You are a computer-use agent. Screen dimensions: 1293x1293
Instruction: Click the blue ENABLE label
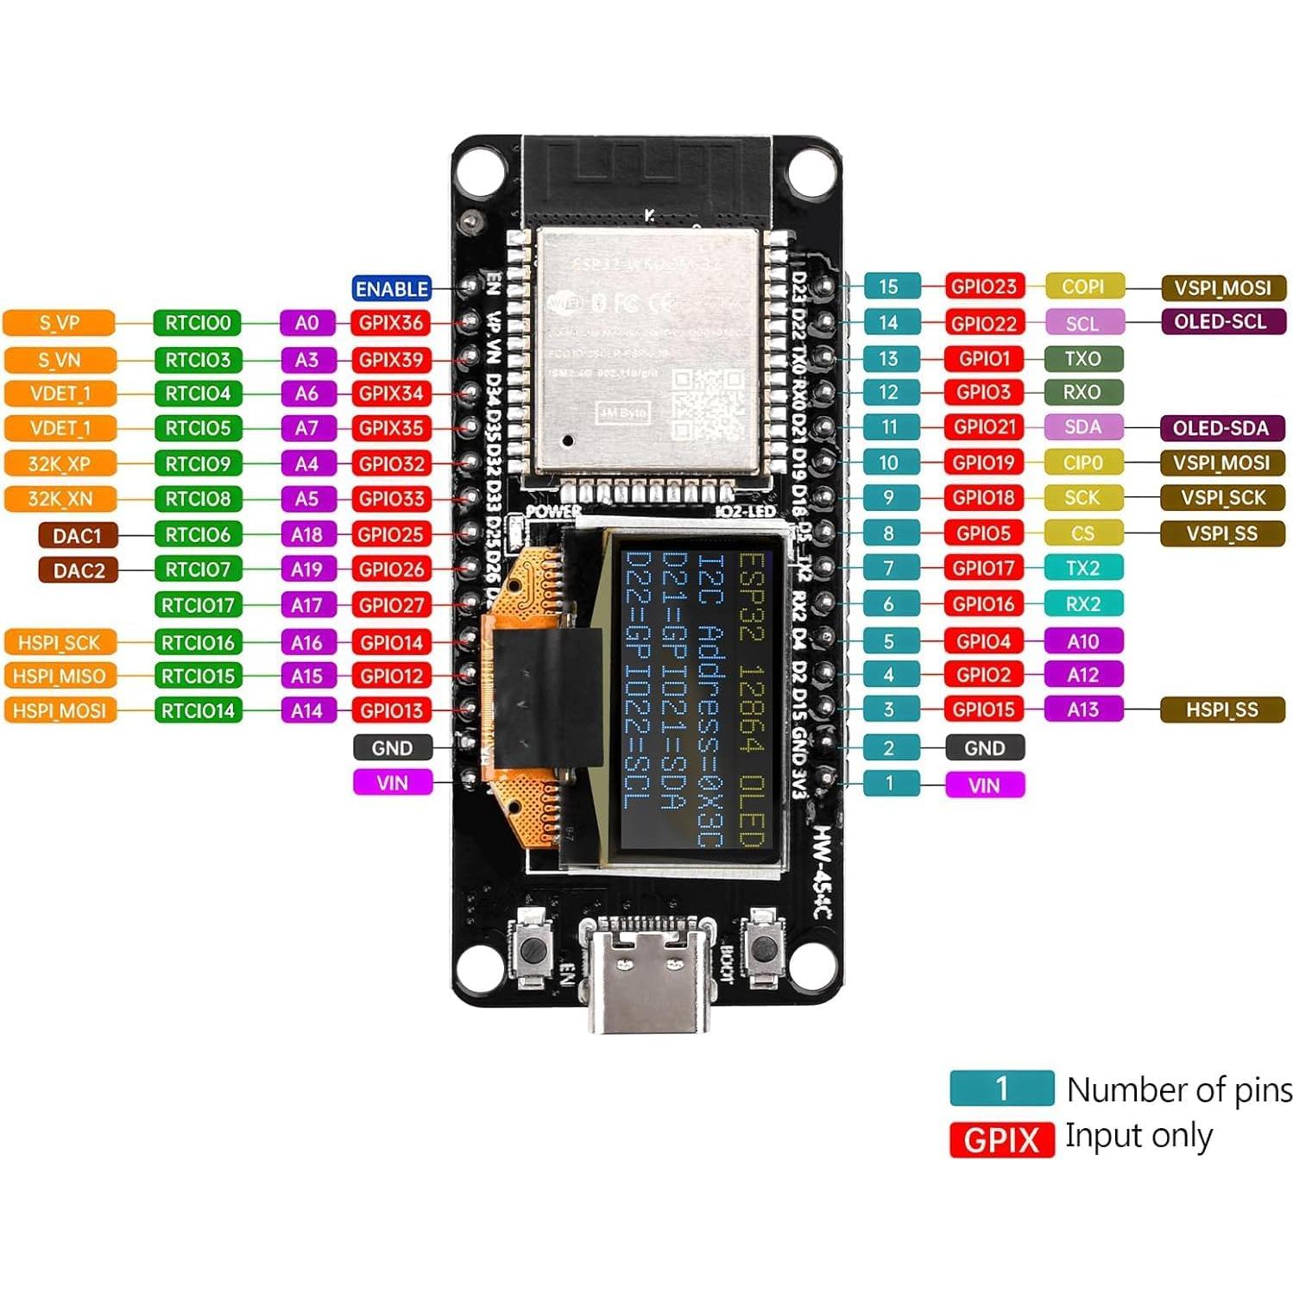pos(392,288)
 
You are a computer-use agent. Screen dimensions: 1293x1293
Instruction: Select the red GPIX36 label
pos(391,323)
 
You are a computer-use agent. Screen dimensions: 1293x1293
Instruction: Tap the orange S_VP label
pos(59,323)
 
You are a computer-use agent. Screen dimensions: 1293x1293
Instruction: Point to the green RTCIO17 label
pos(198,605)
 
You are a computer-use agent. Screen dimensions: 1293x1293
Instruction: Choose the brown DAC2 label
pos(79,571)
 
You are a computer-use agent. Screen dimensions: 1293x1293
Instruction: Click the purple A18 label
pos(306,534)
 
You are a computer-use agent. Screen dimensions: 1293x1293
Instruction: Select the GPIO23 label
pos(984,287)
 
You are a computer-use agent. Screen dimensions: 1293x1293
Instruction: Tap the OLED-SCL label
pos(1220,322)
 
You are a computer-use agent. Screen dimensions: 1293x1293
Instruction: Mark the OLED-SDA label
pos(1220,427)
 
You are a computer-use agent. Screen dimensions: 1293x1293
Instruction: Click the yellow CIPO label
pos(1082,463)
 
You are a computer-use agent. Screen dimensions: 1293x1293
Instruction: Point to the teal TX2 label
pos(1082,568)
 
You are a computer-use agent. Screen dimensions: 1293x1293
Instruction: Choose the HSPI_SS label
pos(1221,710)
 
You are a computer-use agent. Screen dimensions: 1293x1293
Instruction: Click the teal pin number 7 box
pos(888,568)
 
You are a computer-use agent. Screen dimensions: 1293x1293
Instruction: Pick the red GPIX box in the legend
pos(1001,1140)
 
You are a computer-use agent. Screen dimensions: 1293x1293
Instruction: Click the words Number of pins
pos(1179,1089)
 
